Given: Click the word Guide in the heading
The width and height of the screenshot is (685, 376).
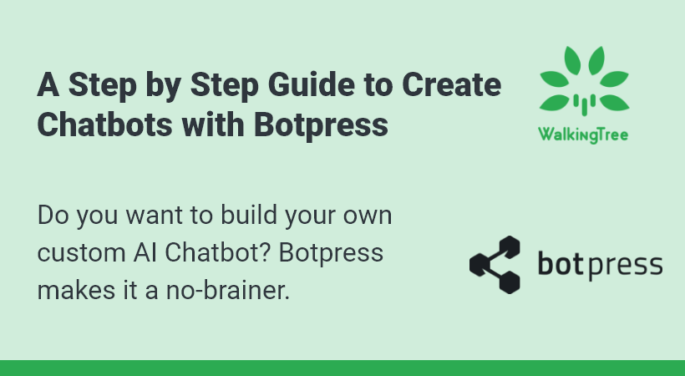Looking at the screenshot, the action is [311, 84].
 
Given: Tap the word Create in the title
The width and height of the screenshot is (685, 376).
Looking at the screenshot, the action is [451, 84].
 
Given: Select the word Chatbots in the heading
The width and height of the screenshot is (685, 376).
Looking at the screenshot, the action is [105, 124].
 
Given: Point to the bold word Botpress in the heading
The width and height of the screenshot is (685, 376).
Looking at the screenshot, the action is [321, 125].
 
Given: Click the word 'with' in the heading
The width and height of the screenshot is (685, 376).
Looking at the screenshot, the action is [213, 124].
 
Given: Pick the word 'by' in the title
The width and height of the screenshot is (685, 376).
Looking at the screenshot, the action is [164, 87].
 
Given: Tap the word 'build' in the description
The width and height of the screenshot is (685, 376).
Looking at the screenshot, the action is [249, 215].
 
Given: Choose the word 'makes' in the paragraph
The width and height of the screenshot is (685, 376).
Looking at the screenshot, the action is [76, 290].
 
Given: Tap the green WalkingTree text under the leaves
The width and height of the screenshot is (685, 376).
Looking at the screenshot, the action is [583, 135].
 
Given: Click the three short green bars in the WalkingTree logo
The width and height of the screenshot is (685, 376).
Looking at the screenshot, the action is [584, 104].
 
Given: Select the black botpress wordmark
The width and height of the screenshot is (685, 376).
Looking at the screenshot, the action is [600, 266].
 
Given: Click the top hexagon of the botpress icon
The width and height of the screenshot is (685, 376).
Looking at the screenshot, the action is [509, 246].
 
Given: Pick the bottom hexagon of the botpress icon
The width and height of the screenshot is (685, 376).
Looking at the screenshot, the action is [509, 282].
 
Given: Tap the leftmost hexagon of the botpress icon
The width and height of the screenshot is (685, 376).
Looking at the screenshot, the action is [479, 265].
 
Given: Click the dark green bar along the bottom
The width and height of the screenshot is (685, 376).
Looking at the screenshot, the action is [342, 368].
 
